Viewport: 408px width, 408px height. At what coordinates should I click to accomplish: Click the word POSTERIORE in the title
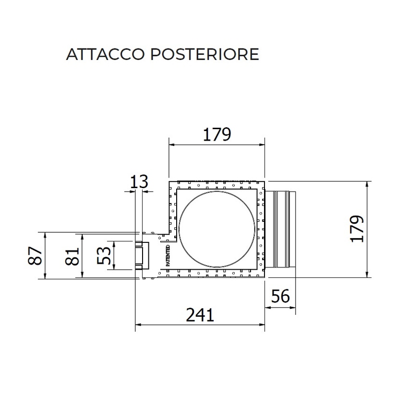(205, 54)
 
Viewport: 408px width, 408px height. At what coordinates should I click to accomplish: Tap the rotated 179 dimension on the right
(357, 229)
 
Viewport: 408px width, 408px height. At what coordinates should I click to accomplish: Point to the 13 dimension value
(138, 182)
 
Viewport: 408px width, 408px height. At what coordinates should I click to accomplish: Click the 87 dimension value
(33, 256)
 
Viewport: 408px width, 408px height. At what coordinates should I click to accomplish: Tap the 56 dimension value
(280, 297)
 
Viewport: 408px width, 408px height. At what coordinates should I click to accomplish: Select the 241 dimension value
(200, 315)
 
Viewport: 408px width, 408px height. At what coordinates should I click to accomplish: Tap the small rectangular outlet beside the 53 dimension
(141, 255)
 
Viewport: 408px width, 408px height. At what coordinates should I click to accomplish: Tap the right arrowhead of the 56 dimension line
(294, 308)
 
